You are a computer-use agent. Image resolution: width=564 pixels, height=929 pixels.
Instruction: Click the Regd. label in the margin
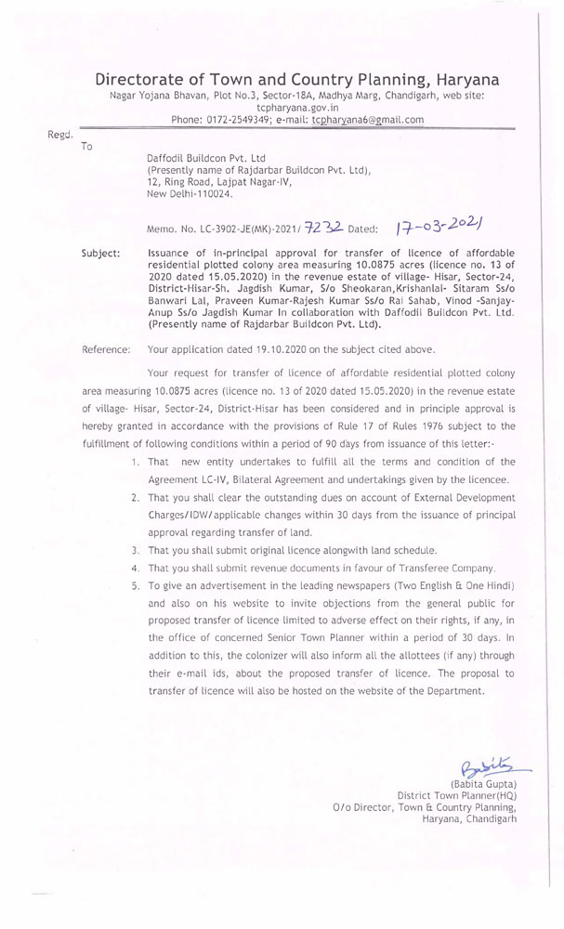point(60,135)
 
